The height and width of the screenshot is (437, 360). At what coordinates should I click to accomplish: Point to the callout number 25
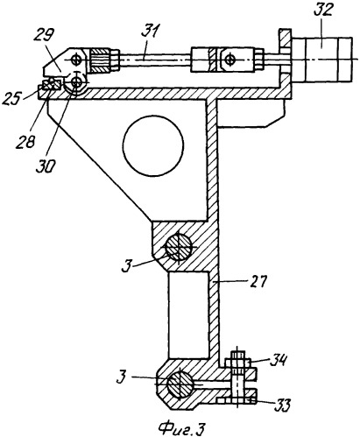pos(11,99)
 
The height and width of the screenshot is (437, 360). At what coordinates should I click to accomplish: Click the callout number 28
pos(26,142)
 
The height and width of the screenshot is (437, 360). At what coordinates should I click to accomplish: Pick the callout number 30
pos(46,166)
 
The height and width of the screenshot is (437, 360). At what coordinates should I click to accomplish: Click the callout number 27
pos(258,282)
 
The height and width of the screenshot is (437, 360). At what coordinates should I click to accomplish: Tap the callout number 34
pos(277,360)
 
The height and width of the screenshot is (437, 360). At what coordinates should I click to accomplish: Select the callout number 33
pos(282,405)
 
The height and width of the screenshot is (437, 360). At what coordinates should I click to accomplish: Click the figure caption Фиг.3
pos(181,428)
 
